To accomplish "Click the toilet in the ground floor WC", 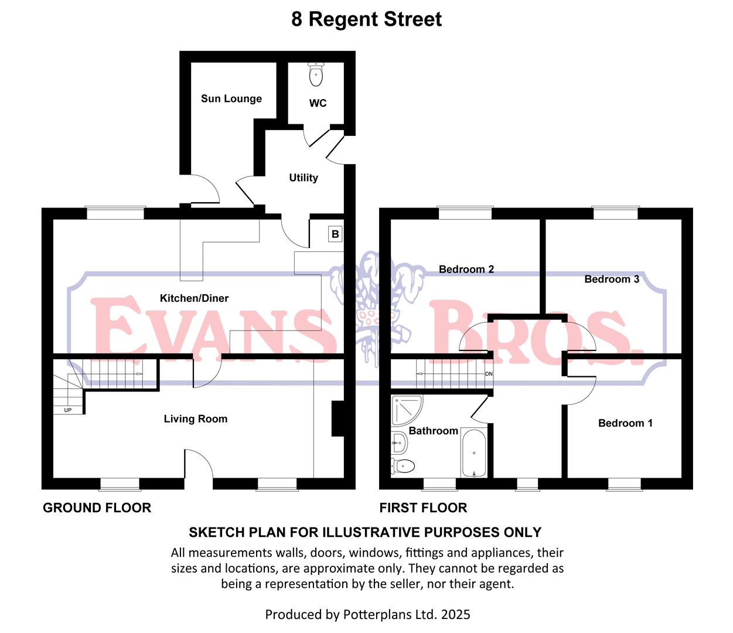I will tap(316, 74).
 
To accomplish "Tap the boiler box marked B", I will tap(335, 234).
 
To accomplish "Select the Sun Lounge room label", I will tap(231, 98).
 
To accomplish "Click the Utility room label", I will tap(304, 178).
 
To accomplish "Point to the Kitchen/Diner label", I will tap(194, 298).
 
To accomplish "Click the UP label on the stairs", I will tap(68, 410).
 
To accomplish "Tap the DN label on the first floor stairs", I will tap(489, 374).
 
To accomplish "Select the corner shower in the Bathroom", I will tap(404, 410).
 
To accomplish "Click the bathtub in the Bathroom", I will tap(473, 453).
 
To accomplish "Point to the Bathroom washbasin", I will tap(399, 442).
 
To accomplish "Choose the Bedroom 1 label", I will tap(625, 423).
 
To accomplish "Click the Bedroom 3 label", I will tap(612, 279).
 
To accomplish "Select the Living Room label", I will tap(195, 419).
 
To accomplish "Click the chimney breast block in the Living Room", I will tap(338, 419).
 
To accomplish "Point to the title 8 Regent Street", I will tap(366, 19).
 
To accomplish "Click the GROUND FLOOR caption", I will tap(97, 508).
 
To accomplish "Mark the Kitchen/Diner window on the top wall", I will tap(115, 213).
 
